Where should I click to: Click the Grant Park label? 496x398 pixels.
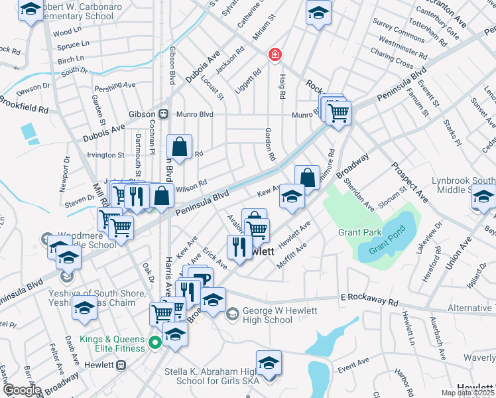359,232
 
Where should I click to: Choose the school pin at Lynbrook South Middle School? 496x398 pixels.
483,197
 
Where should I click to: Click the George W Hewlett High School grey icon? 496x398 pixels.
232,313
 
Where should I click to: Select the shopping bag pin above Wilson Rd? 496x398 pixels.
180,147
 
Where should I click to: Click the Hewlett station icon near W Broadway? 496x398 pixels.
121,365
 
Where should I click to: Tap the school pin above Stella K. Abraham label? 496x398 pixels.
269,363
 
